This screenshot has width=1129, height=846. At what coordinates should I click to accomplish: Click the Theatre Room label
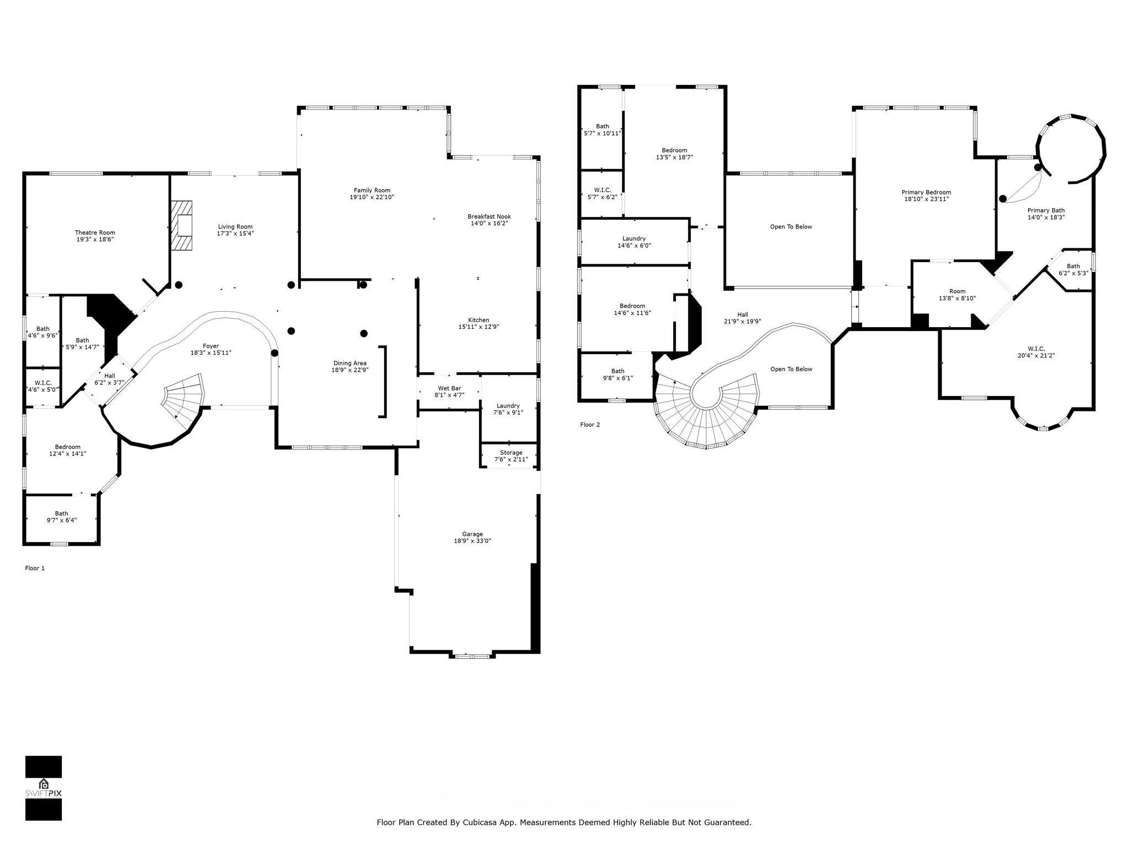pos(95,233)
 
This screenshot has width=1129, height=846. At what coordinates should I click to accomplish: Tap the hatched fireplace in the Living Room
pos(182,226)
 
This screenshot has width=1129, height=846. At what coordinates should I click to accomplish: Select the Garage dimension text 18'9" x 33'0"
pos(472,541)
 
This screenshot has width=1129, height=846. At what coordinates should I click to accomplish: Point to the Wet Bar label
pos(449,388)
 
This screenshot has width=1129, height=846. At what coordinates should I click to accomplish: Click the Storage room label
pos(511,453)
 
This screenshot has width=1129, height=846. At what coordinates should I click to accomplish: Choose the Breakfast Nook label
pos(489,216)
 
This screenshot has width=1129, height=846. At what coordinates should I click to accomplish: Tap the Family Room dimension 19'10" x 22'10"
pos(372,197)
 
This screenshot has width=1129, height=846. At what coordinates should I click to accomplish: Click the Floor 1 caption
pos(35,568)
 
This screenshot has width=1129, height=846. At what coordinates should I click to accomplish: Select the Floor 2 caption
pos(590,425)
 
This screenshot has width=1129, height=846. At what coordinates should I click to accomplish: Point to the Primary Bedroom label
pos(926,192)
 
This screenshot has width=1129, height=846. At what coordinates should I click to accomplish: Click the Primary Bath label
pos(1046,210)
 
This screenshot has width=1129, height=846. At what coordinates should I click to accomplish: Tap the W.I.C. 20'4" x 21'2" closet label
pos(1036,352)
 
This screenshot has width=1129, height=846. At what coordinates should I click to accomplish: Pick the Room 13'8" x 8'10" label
pos(958,295)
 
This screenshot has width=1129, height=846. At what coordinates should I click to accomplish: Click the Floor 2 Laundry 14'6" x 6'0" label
pos(634,242)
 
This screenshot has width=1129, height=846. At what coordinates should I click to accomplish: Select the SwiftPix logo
pos(44,788)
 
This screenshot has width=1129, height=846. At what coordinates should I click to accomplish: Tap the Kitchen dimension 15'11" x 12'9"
pos(479,327)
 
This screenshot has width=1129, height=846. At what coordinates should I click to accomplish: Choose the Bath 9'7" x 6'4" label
pos(61,517)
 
